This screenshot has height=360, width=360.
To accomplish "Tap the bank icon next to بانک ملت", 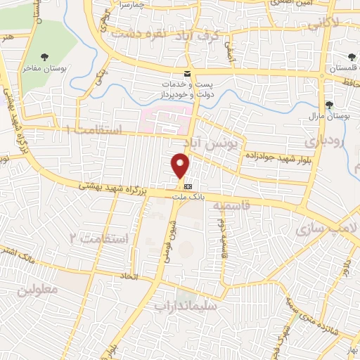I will [188, 187].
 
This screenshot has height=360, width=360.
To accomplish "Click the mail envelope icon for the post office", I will [187, 73].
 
